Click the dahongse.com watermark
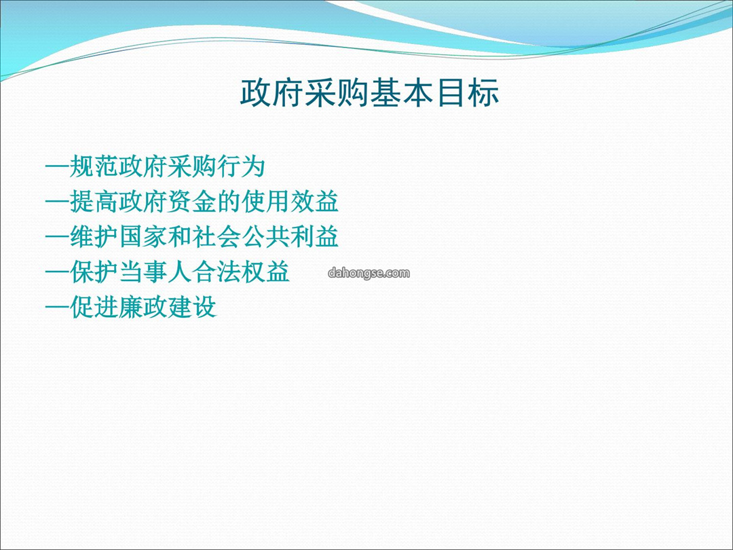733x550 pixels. (369, 273)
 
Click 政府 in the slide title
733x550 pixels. (272, 92)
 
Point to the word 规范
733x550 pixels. (94, 166)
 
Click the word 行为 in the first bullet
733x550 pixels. (241, 166)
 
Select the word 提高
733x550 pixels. (94, 202)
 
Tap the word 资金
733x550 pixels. (192, 202)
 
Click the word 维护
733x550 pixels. (94, 237)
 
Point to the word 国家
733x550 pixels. (143, 237)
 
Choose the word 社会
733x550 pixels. (217, 237)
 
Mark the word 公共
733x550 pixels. (265, 237)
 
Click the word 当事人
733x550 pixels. (155, 272)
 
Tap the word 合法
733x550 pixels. (217, 272)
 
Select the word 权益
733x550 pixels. (265, 272)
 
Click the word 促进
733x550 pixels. (94, 308)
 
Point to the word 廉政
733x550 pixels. (143, 308)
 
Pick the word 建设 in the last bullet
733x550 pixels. (192, 308)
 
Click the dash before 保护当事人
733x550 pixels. (57, 272)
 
